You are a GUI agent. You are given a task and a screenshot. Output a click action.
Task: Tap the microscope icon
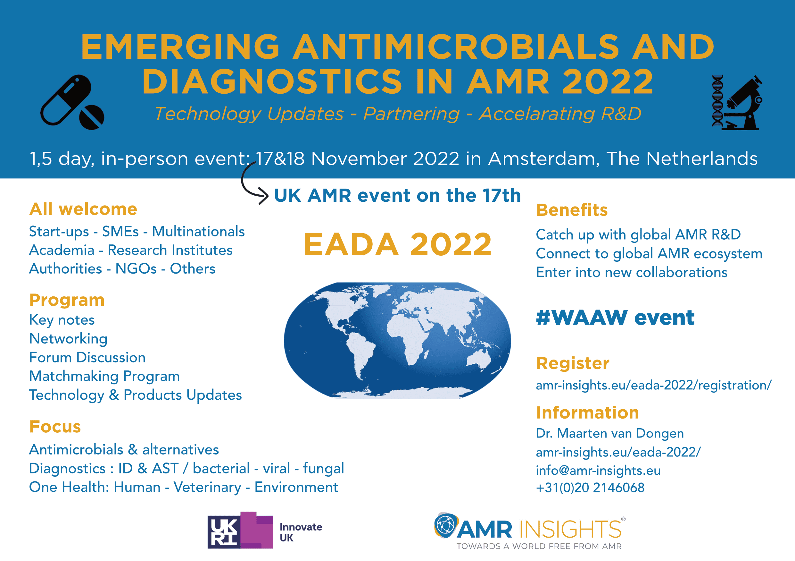744,103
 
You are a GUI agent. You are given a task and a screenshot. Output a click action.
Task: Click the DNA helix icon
717,101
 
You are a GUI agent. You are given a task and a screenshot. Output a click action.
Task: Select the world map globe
397,340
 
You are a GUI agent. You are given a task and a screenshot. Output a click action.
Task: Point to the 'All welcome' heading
83,209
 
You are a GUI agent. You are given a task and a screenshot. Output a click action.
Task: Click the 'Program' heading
67,300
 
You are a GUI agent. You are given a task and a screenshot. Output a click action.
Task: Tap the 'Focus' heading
55,427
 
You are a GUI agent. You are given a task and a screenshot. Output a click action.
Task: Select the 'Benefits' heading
572,210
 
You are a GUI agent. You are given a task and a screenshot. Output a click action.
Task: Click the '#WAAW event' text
615,318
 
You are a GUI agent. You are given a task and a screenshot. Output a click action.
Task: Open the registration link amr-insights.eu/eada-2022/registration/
654,385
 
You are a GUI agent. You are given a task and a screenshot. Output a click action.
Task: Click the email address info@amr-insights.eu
598,470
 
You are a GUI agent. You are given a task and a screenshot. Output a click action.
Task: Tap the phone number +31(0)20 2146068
590,488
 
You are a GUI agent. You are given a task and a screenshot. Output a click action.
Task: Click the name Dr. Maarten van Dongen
610,433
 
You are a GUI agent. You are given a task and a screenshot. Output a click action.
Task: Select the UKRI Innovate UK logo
265,530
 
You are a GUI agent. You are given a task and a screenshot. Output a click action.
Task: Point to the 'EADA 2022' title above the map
397,244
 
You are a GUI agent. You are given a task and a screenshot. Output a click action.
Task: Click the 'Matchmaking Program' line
104,376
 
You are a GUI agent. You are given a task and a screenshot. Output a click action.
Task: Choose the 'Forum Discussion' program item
87,357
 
